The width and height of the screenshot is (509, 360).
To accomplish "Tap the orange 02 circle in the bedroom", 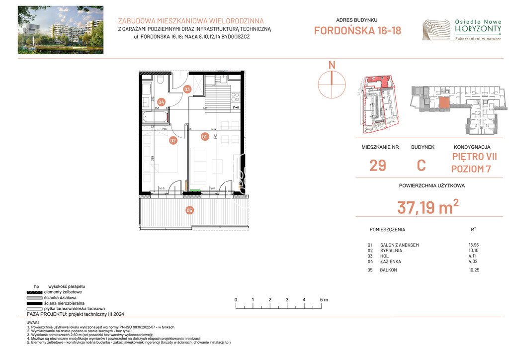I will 173,141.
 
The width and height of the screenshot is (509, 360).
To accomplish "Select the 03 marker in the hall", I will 187,90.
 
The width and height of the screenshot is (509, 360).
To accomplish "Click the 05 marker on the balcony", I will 189,210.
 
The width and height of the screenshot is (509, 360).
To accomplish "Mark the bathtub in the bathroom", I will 155,118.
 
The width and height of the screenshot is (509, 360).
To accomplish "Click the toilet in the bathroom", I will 160,80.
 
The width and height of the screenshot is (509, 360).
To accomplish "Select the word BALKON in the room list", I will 389,270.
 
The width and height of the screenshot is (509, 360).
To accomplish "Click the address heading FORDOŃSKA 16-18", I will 357,31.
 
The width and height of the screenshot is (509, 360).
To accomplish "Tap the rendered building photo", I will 61,30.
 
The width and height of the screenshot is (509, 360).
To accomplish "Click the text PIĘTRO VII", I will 474,157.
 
